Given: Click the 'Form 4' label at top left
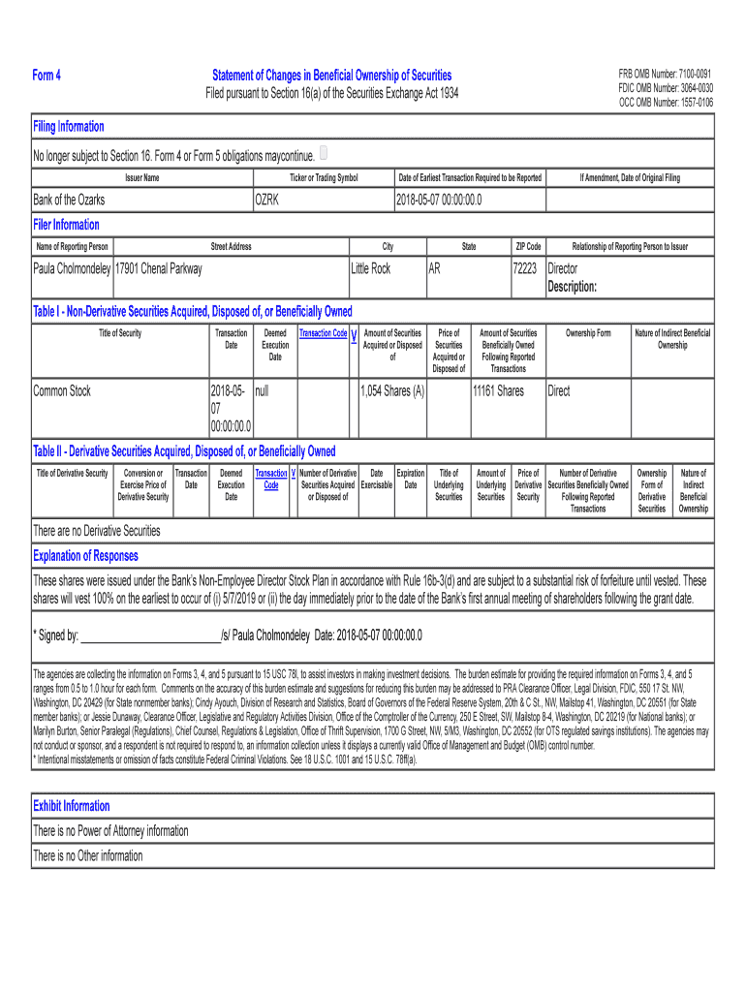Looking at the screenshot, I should coord(47,76).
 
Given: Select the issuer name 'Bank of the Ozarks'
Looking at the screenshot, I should coord(70,200).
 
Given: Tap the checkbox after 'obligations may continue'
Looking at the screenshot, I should coord(324,153).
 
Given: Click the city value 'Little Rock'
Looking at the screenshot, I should coord(371,268).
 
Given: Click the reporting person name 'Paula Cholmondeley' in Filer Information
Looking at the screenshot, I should coord(73,268).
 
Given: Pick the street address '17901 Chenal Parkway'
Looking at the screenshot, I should coord(159,268).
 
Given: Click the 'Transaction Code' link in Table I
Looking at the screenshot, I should coord(324,333).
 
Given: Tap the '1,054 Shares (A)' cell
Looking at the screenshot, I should coord(392,391).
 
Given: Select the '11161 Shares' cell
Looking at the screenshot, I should coord(498,391).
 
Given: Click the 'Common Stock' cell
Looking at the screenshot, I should coord(62,391).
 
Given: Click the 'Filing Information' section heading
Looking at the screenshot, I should coord(69,127).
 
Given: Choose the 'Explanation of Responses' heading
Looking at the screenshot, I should coord(85,556).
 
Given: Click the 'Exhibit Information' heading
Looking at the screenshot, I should coord(72,806).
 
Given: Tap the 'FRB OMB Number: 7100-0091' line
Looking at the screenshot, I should coord(666,74).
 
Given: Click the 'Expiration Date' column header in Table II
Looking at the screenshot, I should coord(411,479).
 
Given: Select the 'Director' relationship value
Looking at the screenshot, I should coord(563,268).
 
